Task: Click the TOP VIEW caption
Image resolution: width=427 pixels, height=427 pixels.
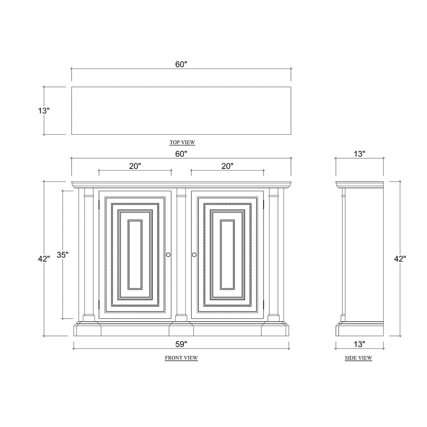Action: point(182,143)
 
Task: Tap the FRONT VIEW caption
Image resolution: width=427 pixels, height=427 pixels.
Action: point(181,358)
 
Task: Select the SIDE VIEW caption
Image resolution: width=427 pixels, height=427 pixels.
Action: point(358,358)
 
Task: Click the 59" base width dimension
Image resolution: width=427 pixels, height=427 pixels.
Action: point(181,344)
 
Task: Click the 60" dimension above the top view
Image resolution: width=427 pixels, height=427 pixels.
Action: point(181,64)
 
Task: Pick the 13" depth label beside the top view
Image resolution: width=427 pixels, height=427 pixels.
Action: point(44,111)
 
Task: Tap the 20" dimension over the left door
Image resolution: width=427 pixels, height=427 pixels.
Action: point(135,166)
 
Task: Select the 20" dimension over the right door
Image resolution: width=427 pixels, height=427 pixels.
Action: point(227,166)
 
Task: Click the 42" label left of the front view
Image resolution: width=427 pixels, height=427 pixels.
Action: point(44,259)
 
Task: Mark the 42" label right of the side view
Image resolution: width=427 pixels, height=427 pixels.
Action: point(400,259)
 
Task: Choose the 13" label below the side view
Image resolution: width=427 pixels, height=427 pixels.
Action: point(359,344)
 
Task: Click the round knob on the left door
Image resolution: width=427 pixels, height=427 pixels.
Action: point(168,255)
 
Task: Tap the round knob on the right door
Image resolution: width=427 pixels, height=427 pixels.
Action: point(194,255)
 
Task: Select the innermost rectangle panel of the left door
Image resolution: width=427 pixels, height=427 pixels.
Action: point(135,255)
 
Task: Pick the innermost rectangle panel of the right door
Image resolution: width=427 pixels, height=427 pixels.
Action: point(227,255)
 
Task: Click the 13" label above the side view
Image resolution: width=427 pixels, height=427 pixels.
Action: point(359,154)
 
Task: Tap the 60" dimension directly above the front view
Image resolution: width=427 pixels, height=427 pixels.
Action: point(181,154)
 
